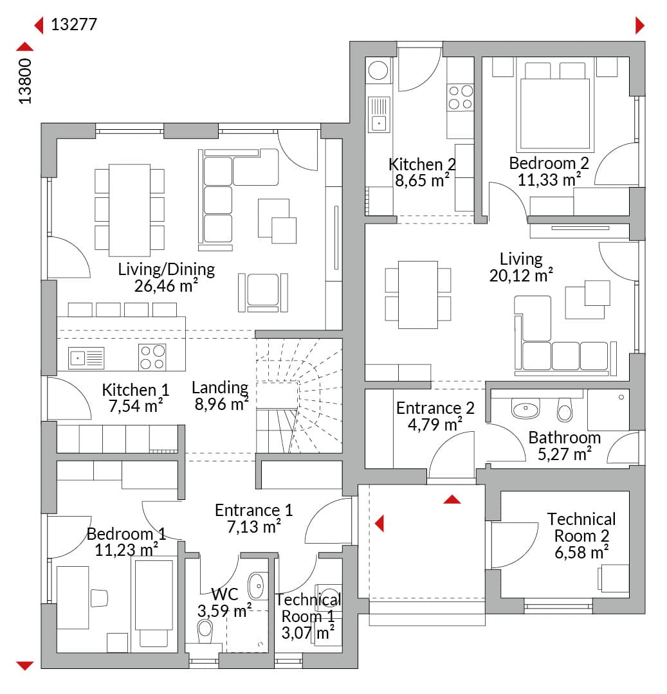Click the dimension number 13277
coord(74,25)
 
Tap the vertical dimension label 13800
coord(25,82)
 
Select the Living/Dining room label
coord(166,269)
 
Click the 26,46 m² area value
coord(166,286)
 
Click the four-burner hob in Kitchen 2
coord(461,98)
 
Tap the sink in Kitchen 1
coord(86,358)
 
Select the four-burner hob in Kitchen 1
coord(152,357)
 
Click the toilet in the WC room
coord(205,630)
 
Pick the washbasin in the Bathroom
coord(525,409)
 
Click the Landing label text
coord(220,387)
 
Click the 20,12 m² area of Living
coord(521,276)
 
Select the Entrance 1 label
coord(254,510)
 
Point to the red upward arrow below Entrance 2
coord(452,500)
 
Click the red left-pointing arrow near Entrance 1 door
coord(379,524)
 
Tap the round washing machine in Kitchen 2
coord(378,70)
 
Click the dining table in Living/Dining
coord(129,210)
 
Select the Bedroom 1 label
coord(126,534)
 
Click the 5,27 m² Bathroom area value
coord(565,454)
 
